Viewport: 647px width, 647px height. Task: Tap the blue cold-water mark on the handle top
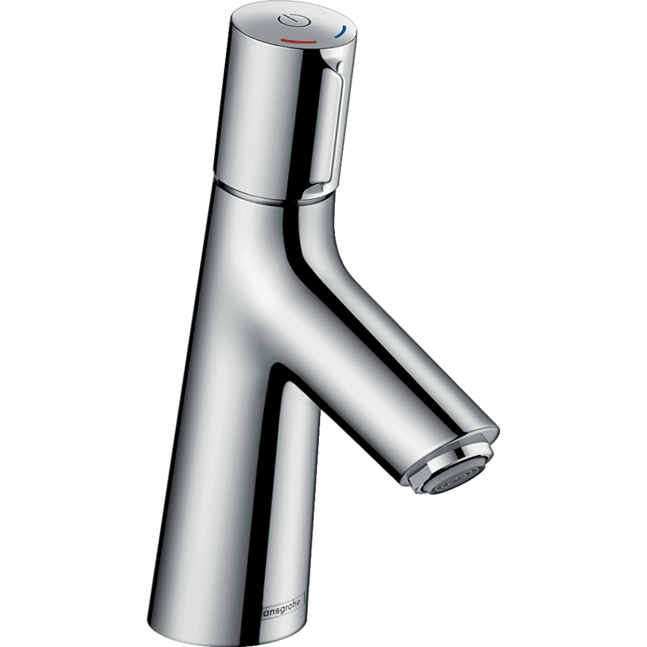(341, 32)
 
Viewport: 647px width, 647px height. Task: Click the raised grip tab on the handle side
(334, 129)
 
